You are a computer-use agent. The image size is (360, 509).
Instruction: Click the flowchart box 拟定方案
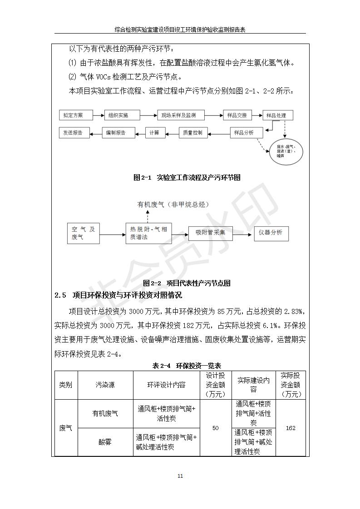pos(75,115)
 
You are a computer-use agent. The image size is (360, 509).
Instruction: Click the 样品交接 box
pos(237,115)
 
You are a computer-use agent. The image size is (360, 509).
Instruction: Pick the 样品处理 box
pos(277,115)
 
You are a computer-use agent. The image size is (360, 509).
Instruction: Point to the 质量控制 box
pos(194,133)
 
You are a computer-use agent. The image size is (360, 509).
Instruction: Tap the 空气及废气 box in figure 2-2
pos(83,233)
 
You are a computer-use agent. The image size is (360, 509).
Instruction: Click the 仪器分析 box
pos(271,233)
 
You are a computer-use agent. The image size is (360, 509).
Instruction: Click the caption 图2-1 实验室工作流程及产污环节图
pos(187,177)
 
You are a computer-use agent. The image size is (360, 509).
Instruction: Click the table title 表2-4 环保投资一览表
pos(187,366)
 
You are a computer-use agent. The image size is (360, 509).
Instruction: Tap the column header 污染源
pos(105,385)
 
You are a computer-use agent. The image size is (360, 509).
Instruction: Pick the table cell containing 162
pos(291,428)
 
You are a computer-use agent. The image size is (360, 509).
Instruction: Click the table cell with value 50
pos(216,428)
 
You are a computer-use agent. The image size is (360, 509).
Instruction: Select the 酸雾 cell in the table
pos(105,442)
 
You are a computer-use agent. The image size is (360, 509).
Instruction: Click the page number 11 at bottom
pos(180,476)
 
